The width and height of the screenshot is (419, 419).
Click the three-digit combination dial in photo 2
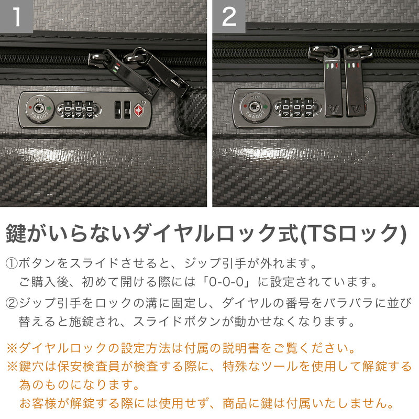point(294,108)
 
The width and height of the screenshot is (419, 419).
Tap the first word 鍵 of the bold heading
point(16,233)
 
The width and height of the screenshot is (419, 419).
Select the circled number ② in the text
point(12,303)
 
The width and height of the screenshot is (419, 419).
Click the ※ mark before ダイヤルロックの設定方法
point(11,348)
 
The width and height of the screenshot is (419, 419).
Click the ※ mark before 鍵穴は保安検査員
point(11,366)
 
